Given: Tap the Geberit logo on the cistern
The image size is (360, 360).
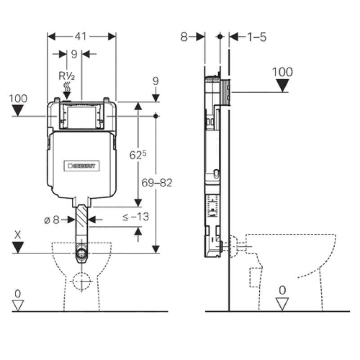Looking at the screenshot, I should [x=82, y=165].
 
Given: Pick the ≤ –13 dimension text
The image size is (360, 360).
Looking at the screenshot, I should [x=135, y=217].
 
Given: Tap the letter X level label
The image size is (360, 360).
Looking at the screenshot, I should [x=18, y=234].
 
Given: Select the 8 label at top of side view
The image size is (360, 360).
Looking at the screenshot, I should [x=184, y=37].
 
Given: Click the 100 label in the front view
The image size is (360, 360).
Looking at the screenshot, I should [x=18, y=98].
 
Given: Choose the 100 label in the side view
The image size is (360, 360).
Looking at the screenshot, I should [x=283, y=72].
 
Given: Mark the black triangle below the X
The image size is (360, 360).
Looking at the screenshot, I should [x=18, y=247].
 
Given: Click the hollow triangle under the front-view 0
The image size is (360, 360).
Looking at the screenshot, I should [x=18, y=305].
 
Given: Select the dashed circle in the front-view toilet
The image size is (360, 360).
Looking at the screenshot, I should [x=81, y=282].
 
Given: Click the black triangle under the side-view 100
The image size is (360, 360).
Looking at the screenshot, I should [x=283, y=85].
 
